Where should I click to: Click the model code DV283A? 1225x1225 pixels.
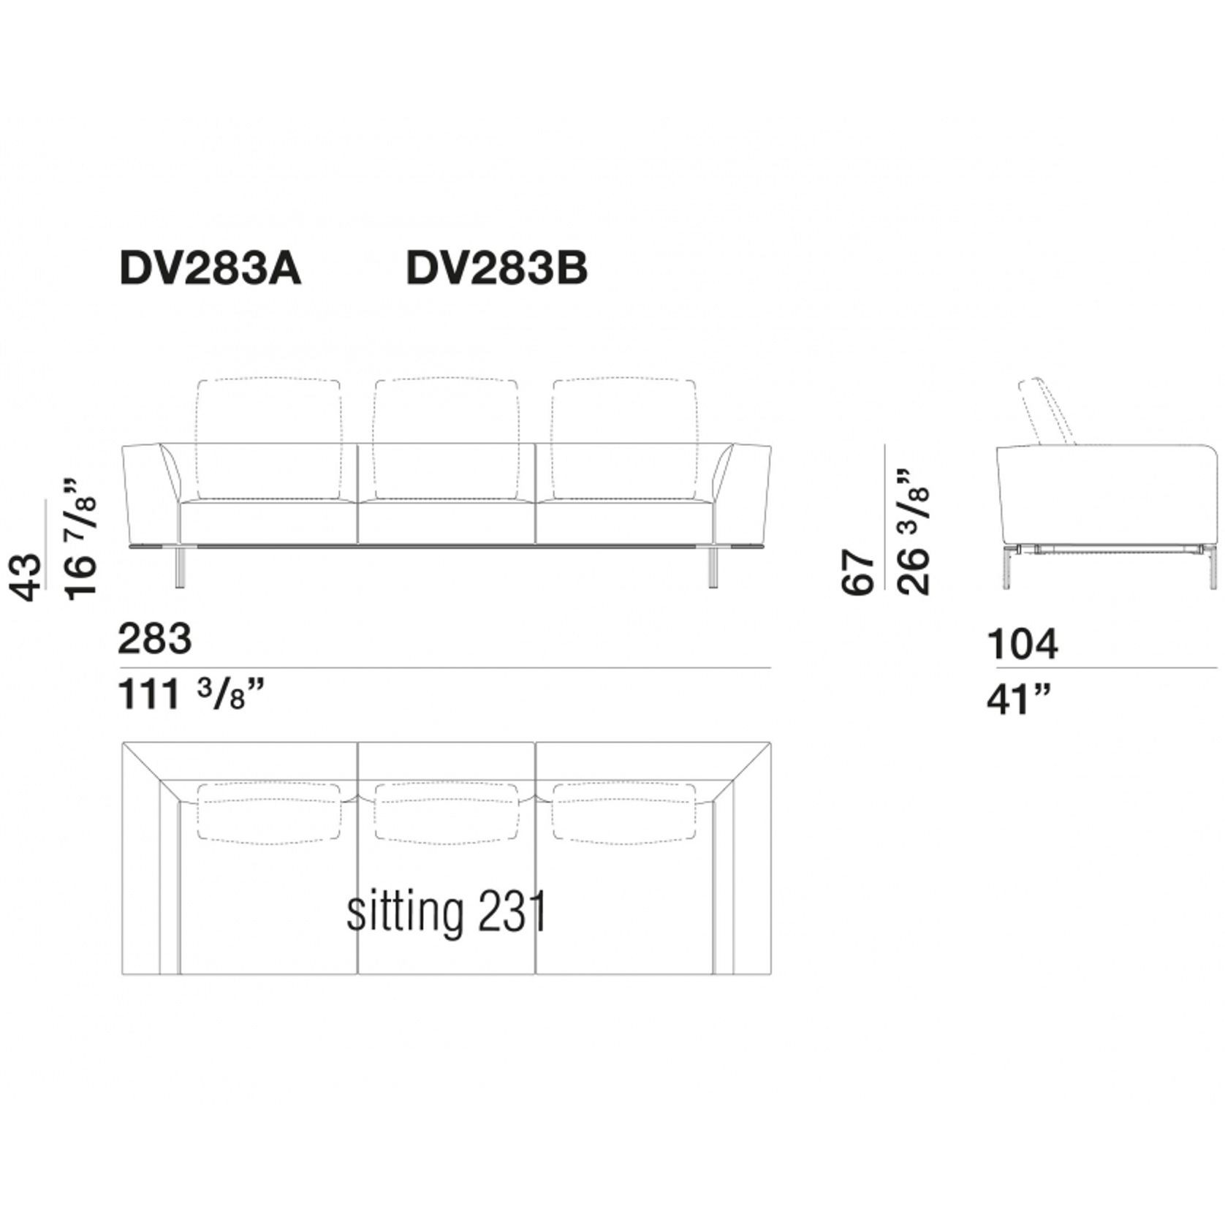tap(210, 270)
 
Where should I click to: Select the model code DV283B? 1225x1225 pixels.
tap(496, 270)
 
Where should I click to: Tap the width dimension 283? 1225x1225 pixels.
tap(155, 640)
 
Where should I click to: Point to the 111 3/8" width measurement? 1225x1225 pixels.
tap(189, 694)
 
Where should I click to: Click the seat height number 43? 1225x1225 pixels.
tap(26, 577)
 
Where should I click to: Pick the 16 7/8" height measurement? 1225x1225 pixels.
tap(80, 539)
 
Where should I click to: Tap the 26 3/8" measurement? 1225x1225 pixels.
tap(914, 532)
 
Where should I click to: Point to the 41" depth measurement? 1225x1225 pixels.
tap(1018, 700)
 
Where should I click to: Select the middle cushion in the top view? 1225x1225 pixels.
tap(447, 811)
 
